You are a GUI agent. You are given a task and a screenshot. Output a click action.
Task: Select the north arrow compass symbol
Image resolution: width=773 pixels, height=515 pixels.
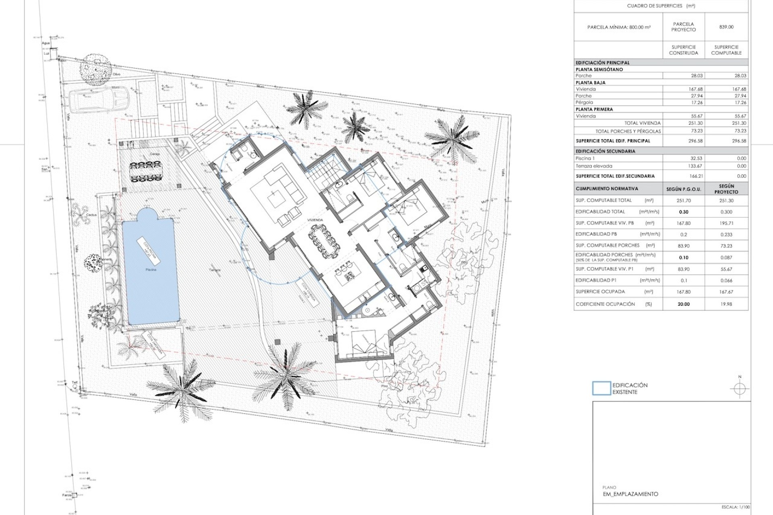739,389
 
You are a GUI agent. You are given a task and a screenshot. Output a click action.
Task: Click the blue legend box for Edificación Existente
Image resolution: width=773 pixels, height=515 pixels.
601,388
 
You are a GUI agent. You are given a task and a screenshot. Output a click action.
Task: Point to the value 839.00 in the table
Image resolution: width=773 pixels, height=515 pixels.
726,27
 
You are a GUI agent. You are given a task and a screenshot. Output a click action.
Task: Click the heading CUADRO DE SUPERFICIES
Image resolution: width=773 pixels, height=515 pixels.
661,6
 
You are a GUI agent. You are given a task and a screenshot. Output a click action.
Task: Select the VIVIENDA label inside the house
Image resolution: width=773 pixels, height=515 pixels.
315,220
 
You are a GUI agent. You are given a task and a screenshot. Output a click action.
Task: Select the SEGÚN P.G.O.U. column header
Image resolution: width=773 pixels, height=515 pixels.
684,189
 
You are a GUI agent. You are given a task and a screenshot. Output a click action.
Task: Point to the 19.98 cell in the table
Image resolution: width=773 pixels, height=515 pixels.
726,304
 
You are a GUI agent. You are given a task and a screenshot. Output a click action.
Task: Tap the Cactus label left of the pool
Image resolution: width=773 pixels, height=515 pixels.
91,215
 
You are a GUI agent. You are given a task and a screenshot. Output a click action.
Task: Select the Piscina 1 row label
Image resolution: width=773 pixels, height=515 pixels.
586,159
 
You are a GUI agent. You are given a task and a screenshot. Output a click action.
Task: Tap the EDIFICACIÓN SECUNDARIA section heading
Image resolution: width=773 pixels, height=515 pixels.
606,151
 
